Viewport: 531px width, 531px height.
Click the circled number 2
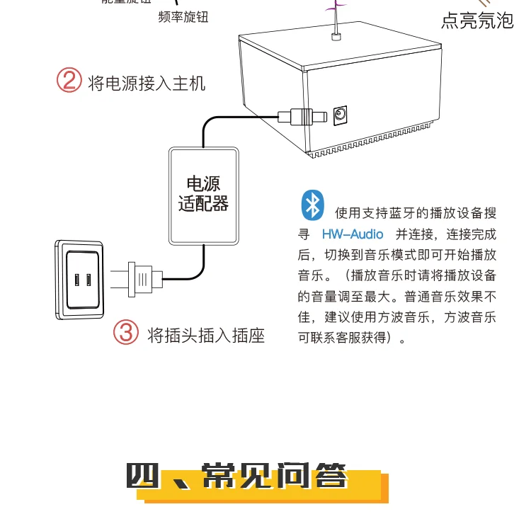coord(69,80)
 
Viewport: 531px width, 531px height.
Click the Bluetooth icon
coord(312,205)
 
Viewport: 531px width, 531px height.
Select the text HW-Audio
coord(353,234)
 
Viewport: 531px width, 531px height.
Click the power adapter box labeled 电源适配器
coord(203,195)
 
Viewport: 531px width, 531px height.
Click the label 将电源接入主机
coord(146,84)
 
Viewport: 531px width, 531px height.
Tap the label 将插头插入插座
coord(205,334)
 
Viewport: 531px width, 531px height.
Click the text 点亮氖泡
coord(476,21)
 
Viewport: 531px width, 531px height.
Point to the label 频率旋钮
coord(183,16)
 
